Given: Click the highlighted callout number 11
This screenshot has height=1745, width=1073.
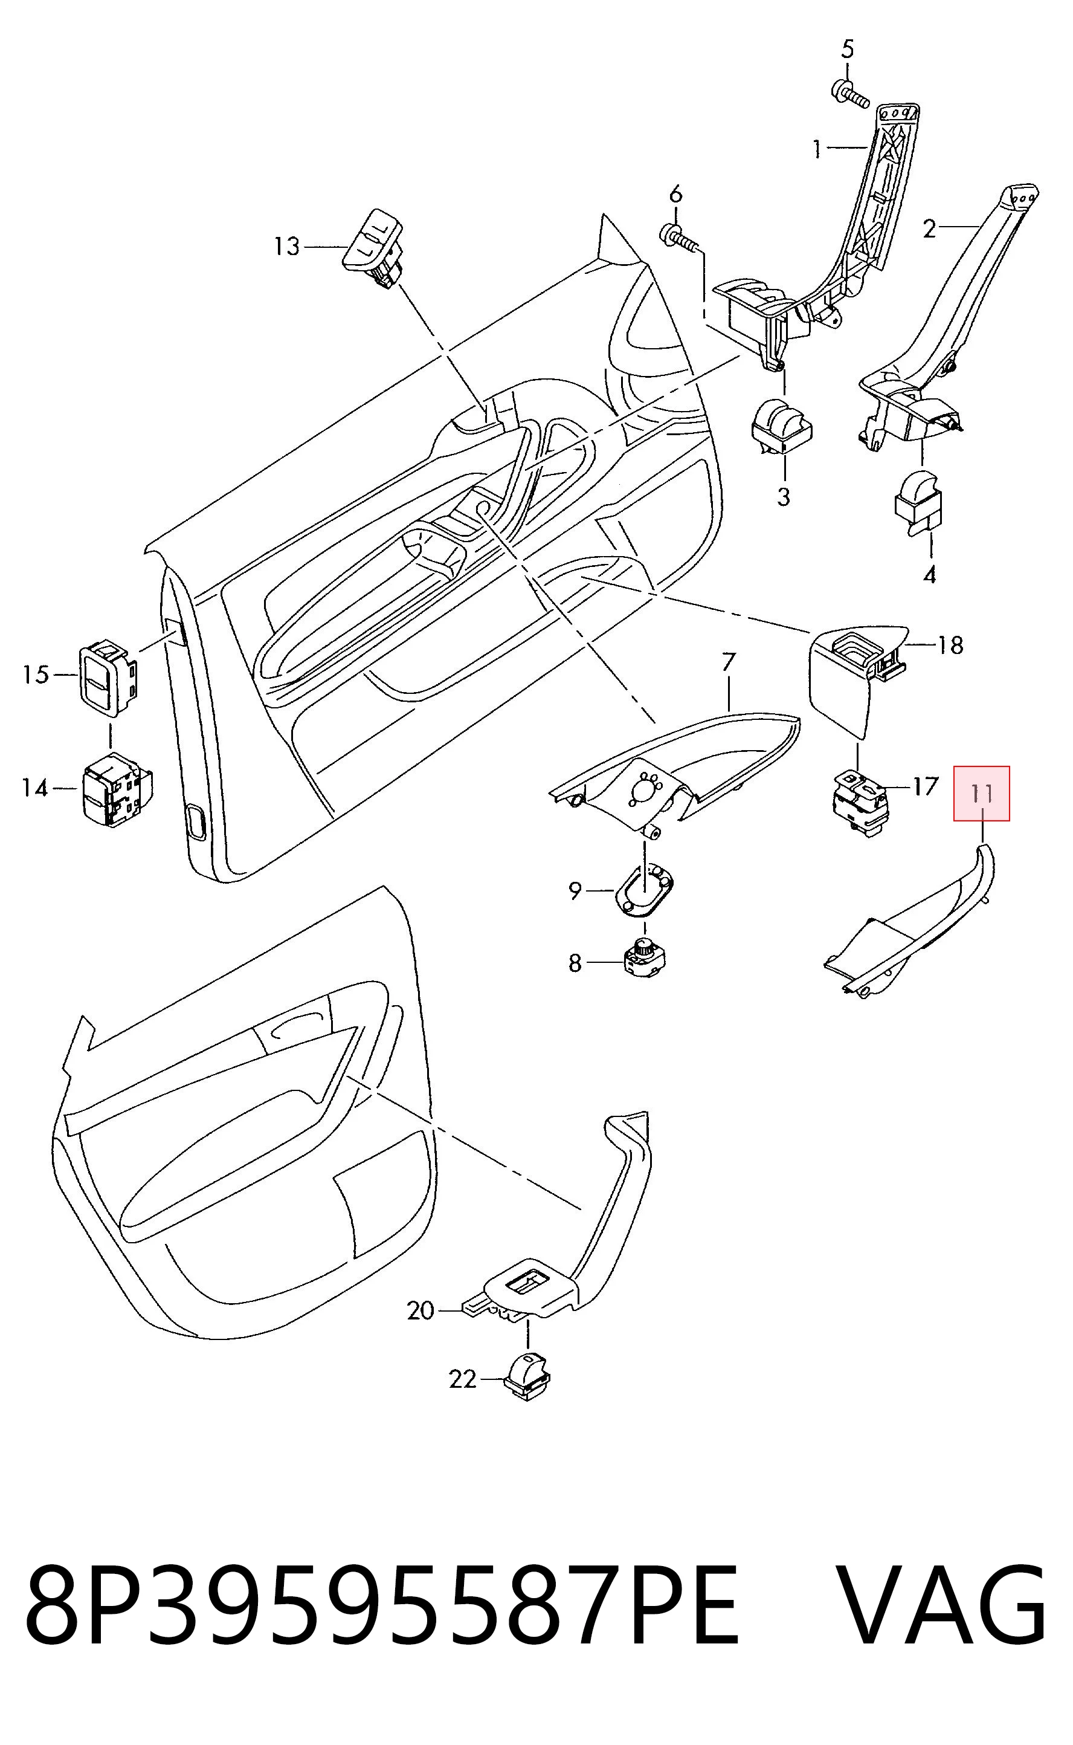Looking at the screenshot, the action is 981,793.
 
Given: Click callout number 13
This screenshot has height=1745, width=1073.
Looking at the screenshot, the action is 287,247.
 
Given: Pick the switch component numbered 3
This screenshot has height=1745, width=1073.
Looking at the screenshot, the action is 782,428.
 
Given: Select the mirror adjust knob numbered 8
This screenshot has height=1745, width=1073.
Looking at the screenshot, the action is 643,956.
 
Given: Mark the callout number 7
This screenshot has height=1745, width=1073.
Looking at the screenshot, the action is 729,662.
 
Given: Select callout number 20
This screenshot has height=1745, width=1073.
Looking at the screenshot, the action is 420,1310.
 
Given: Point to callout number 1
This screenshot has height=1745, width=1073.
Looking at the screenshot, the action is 817,149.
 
